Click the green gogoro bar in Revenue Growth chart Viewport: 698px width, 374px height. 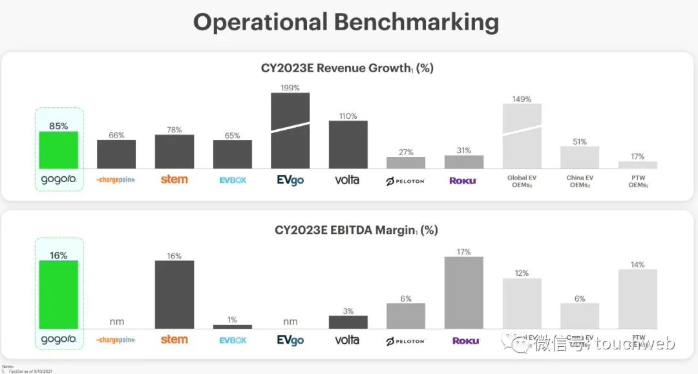click(x=58, y=151)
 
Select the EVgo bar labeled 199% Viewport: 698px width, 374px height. click(x=290, y=131)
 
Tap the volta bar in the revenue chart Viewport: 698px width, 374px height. click(x=348, y=145)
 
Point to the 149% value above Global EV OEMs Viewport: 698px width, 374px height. click(x=522, y=99)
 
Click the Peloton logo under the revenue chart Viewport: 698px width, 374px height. click(x=405, y=181)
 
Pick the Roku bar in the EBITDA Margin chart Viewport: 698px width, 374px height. click(x=463, y=293)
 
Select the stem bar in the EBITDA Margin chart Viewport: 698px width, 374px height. click(x=174, y=295)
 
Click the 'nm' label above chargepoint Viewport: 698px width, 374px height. click(x=116, y=322)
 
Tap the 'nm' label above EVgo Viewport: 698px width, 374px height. click(x=290, y=322)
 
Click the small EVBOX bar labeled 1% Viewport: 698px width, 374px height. click(x=232, y=327)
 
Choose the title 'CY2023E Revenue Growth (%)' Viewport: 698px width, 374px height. click(x=347, y=68)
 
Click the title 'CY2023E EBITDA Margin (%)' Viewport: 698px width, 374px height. click(x=347, y=230)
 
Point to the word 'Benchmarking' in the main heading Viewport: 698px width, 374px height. click(x=416, y=22)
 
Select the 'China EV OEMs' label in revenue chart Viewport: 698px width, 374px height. click(x=579, y=182)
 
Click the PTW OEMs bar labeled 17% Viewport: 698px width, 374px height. click(x=637, y=165)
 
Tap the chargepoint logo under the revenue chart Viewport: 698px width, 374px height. click(x=116, y=180)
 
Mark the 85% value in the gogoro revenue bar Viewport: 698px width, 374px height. click(x=58, y=127)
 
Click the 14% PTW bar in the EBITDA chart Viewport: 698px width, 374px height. click(x=637, y=299)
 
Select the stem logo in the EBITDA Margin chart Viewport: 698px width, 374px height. click(x=174, y=340)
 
